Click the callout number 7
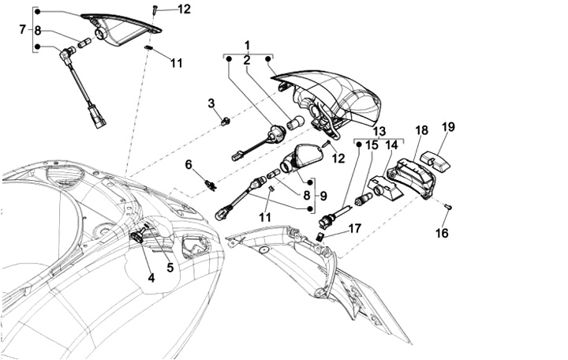tap(22, 30)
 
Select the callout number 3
tap(211, 103)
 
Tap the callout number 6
tap(189, 164)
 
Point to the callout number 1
tap(247, 45)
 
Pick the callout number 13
tap(379, 131)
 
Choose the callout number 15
tap(372, 145)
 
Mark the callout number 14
tap(391, 145)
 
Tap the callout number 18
tap(421, 131)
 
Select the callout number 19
tap(448, 127)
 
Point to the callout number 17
tap(355, 228)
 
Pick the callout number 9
tap(321, 194)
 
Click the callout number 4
tap(151, 277)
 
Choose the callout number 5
tap(170, 268)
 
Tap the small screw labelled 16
tap(448, 206)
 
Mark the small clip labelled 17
tap(321, 237)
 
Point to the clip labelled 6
tap(210, 185)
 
